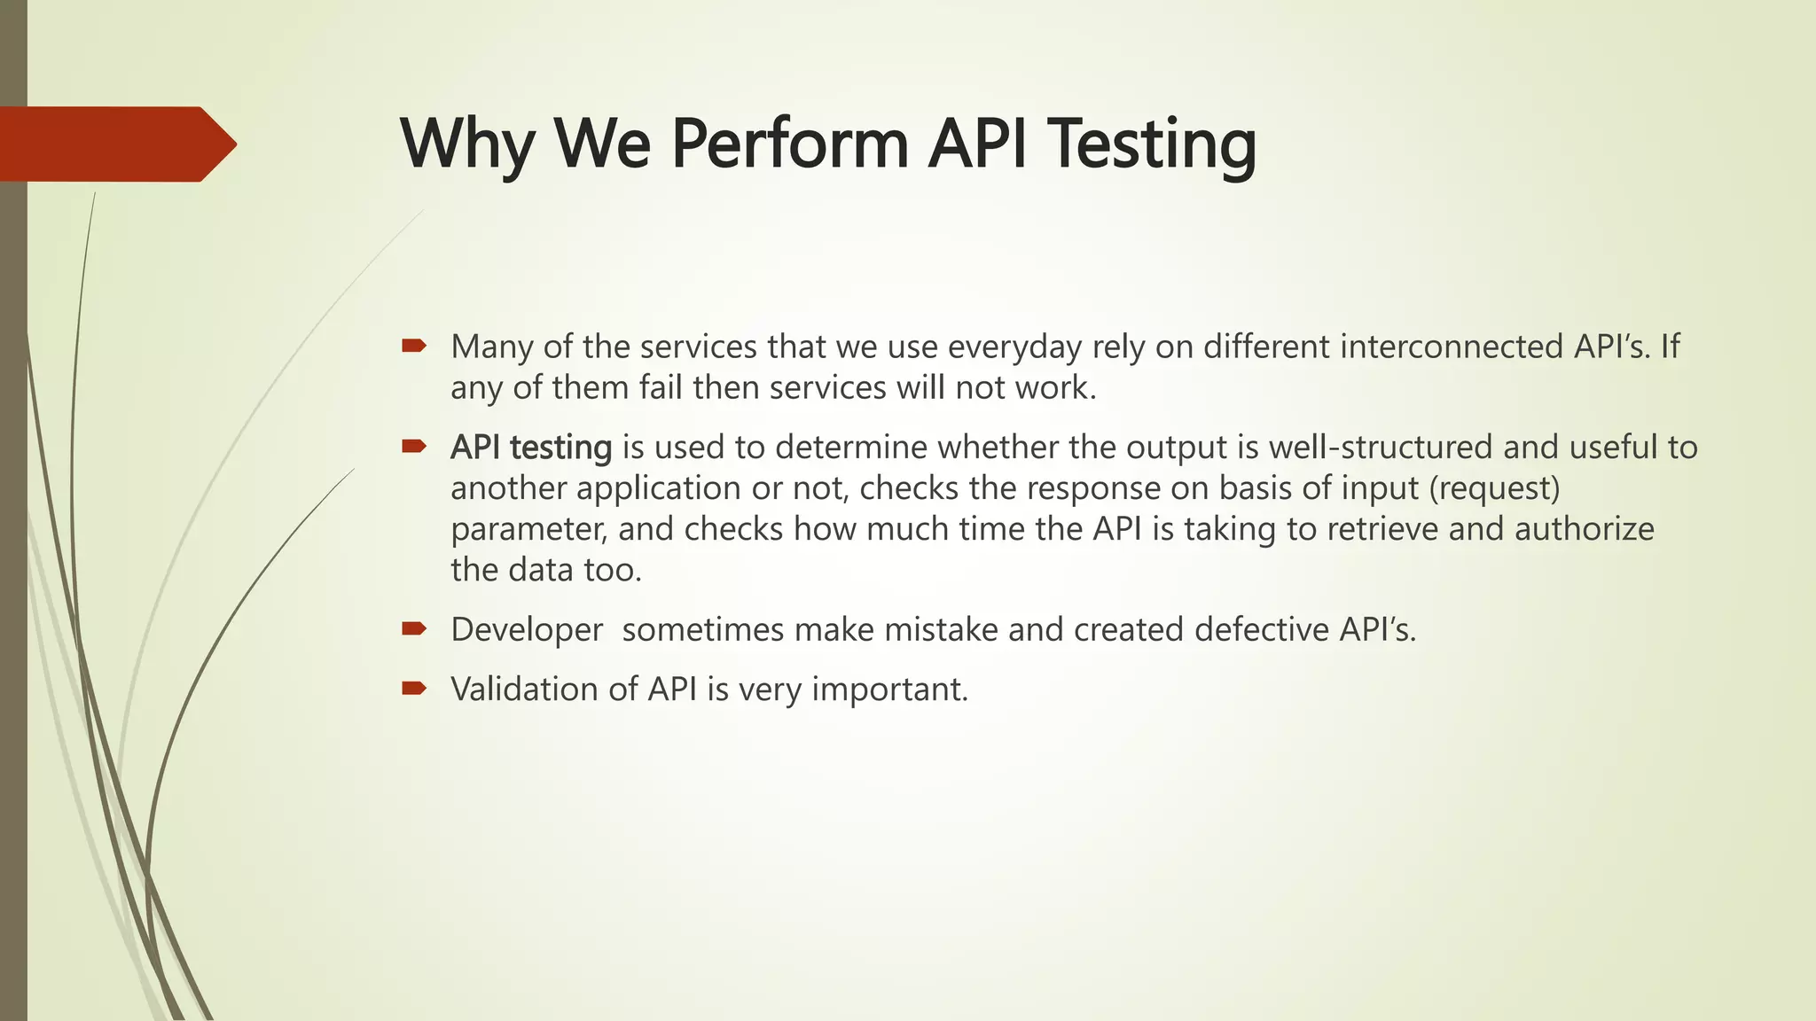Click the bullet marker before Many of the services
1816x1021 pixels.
(x=414, y=346)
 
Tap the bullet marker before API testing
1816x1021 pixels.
(x=414, y=447)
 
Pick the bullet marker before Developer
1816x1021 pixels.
(x=414, y=629)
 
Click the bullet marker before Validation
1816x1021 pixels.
(x=414, y=689)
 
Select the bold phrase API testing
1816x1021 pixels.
(x=530, y=448)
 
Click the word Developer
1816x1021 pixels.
(x=527, y=630)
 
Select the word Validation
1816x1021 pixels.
(x=524, y=690)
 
